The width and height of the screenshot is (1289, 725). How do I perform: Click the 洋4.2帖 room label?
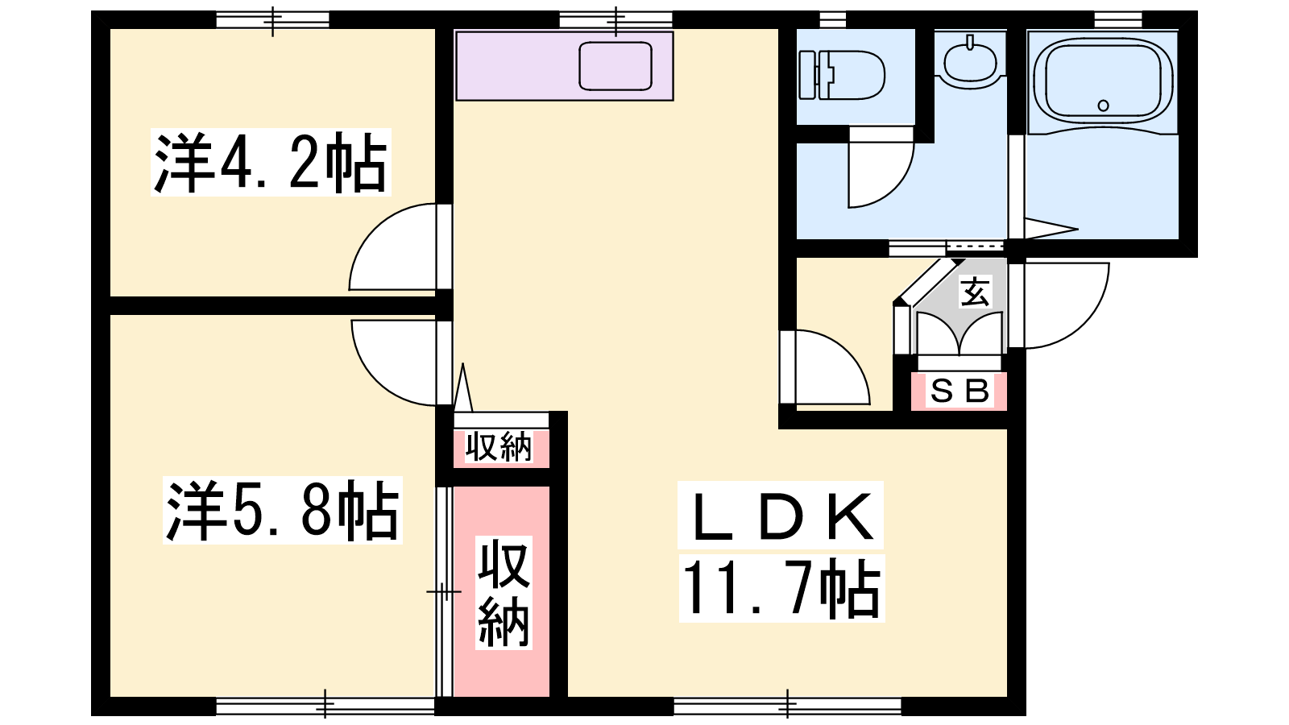pos(271,163)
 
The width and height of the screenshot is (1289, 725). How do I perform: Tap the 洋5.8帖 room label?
pos(283,511)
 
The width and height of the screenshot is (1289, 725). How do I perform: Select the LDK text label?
pos(781,515)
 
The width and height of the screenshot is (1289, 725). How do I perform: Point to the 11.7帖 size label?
pos(781,588)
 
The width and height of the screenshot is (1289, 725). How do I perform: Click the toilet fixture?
pos(842,76)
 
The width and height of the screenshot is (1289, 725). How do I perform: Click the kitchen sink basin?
pos(615,65)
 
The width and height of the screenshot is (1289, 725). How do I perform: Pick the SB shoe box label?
pos(959,391)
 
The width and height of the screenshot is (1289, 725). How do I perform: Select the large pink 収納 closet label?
pos(504,593)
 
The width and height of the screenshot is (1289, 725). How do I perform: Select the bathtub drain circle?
pos(1103,106)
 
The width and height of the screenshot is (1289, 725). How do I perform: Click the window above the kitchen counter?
pos(615,19)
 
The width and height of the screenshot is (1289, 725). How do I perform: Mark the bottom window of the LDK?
pos(787,706)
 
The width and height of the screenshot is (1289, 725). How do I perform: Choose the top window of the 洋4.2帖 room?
pos(273,19)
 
